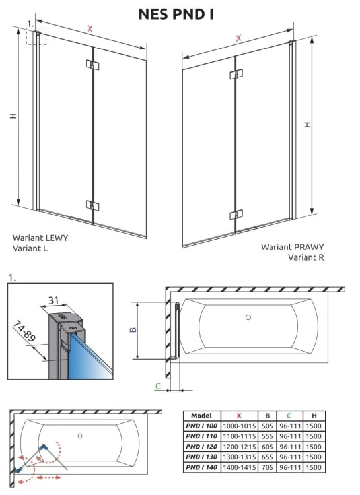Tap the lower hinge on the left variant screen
(x=92, y=204)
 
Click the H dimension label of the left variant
(x=13, y=116)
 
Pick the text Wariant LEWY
(x=40, y=237)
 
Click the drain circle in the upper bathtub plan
(x=248, y=317)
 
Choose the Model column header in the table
(x=201, y=416)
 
